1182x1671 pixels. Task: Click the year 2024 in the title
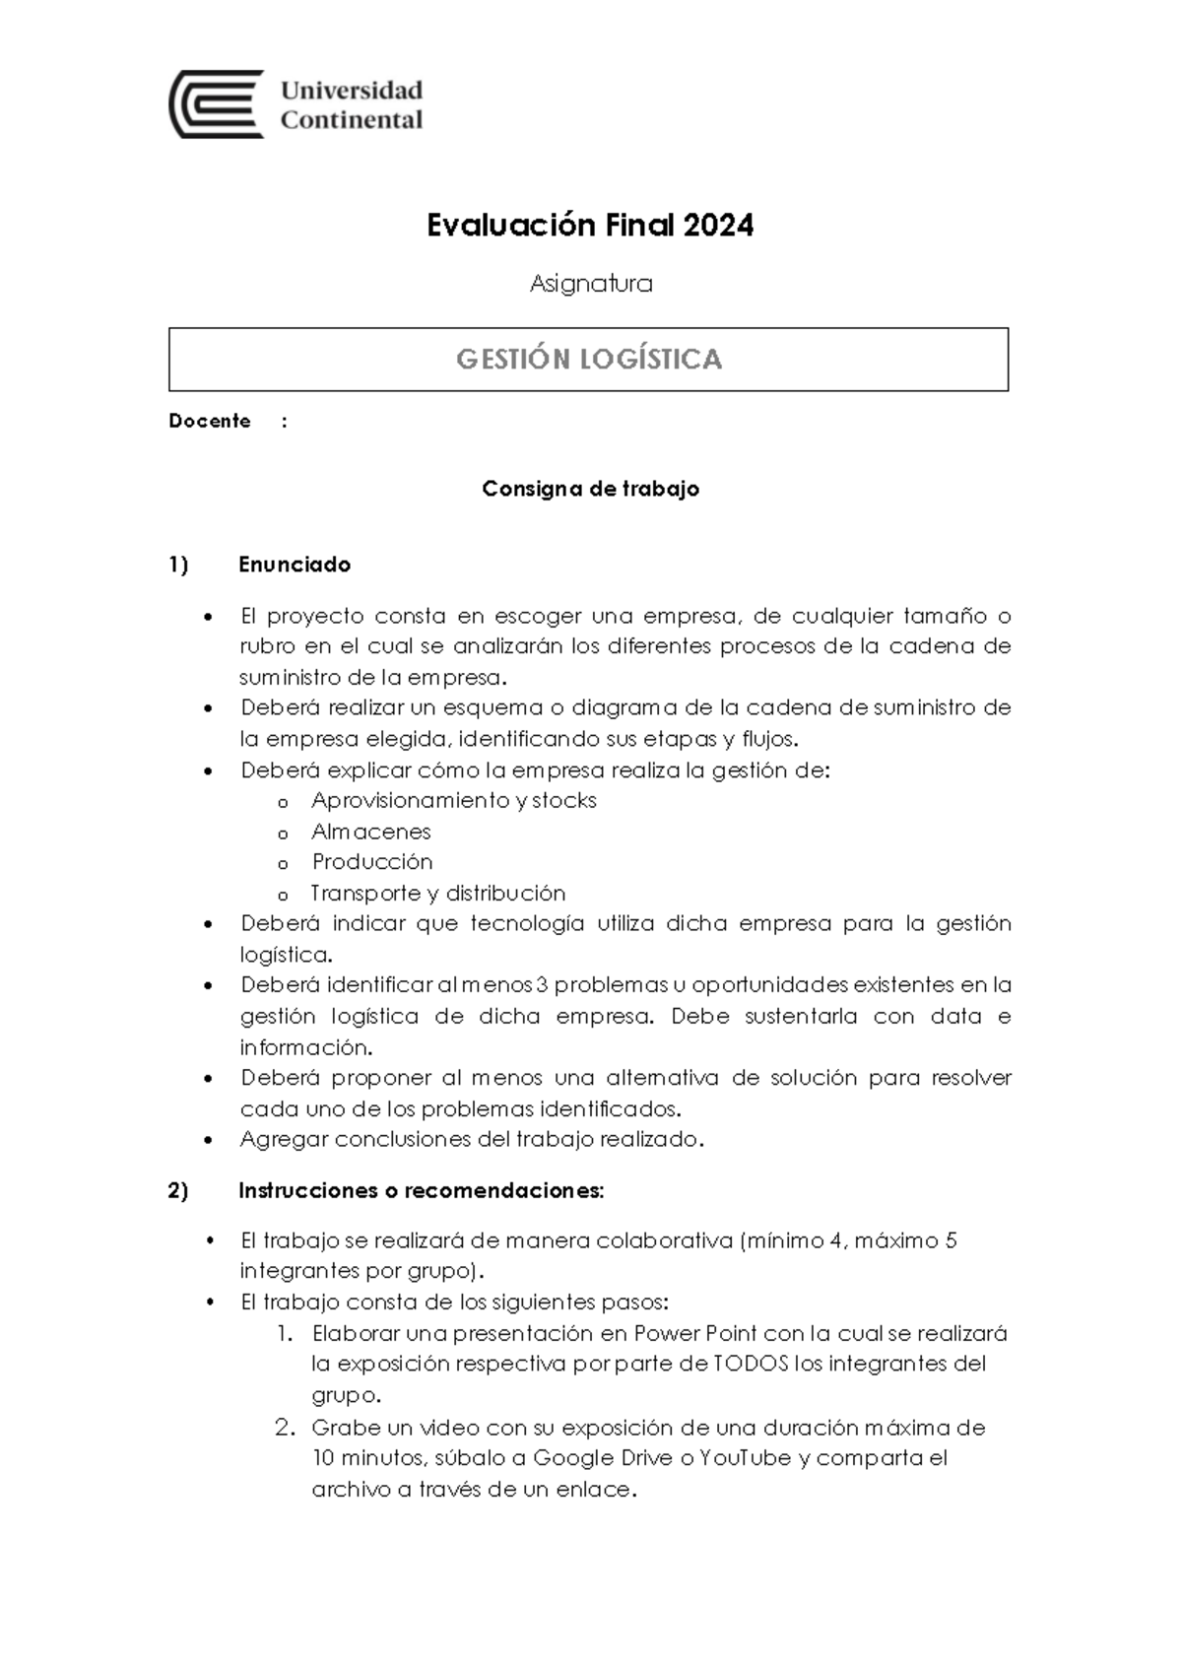pos(718,226)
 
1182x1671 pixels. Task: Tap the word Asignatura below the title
pos(591,284)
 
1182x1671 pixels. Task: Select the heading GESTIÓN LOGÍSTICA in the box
pos(589,359)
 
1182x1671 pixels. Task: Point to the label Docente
pos(210,421)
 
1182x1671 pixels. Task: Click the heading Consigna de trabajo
pos(590,489)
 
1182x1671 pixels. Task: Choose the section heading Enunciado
pos(295,565)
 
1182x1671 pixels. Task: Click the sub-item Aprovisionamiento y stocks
pos(454,800)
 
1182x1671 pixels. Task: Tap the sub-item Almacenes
pos(371,832)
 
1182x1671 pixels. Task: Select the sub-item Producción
pos(372,862)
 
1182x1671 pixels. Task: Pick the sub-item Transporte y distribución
pos(438,894)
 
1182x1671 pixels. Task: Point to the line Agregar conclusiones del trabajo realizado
pos(472,1140)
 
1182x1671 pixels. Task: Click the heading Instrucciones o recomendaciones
pos(421,1190)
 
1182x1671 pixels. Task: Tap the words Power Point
pos(695,1334)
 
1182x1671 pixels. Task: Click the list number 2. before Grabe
pos(284,1428)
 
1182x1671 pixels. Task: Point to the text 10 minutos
pos(367,1458)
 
